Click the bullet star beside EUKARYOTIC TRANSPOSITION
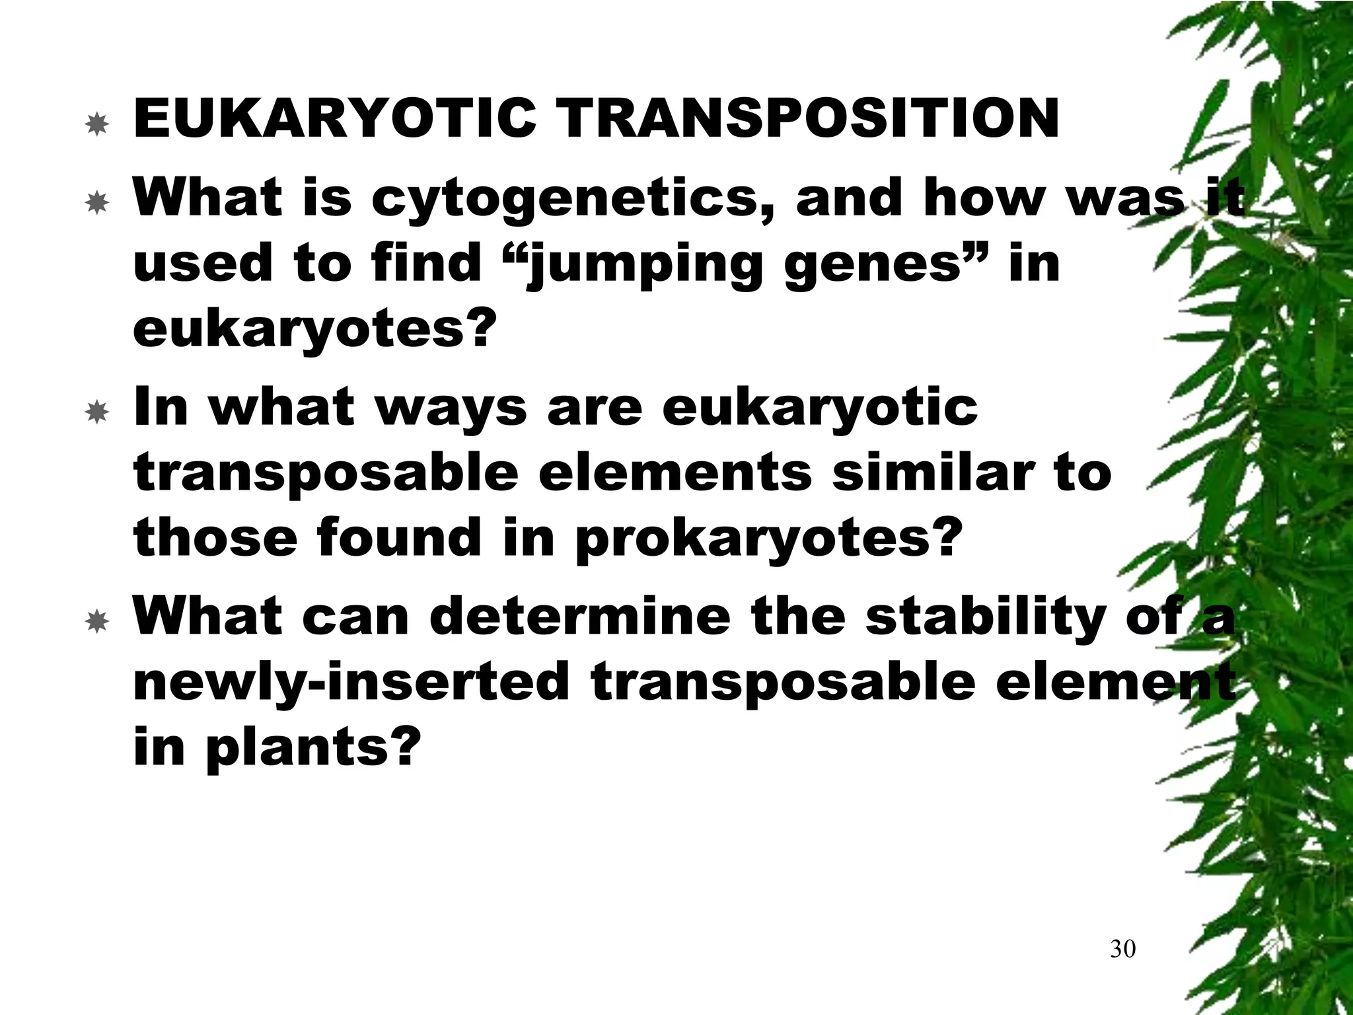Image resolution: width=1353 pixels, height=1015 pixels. click(x=97, y=124)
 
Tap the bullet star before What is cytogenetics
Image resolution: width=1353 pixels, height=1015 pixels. click(x=97, y=203)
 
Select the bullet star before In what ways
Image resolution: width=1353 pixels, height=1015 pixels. click(x=97, y=412)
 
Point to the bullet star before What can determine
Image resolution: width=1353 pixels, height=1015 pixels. click(x=97, y=620)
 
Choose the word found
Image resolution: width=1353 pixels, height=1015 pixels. click(x=399, y=538)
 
